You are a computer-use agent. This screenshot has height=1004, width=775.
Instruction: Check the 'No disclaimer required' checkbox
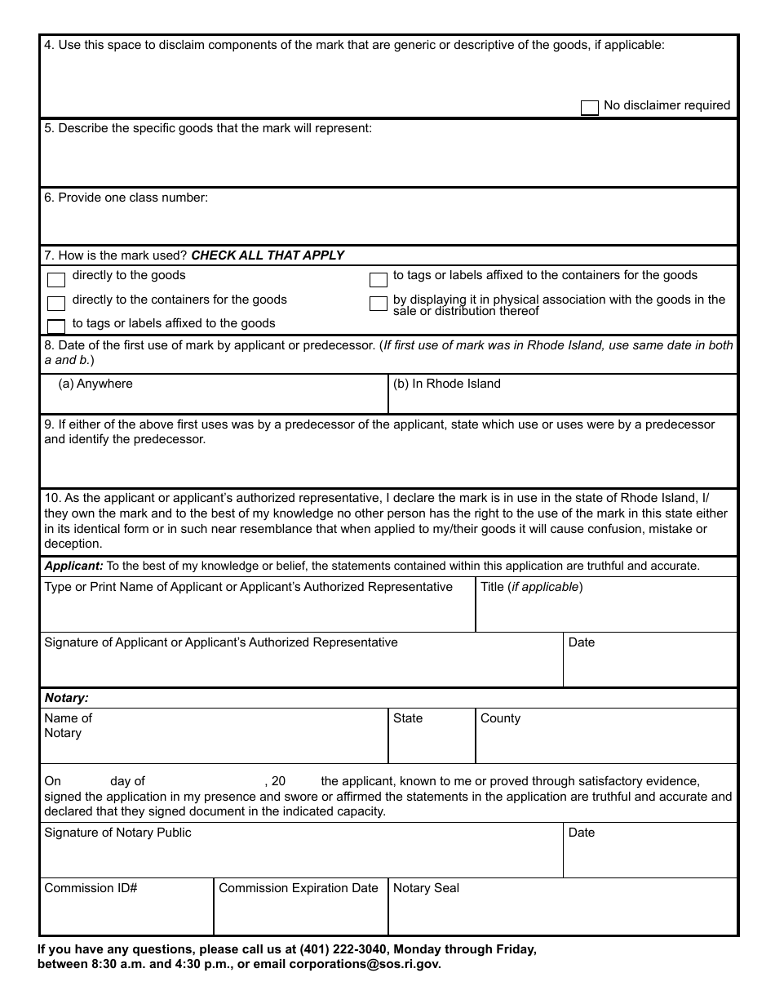(589, 108)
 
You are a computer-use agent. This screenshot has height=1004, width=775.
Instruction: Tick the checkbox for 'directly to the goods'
(56, 280)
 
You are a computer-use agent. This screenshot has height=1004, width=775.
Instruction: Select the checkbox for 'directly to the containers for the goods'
(56, 304)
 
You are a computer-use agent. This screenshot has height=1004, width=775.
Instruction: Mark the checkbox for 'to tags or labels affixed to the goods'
(56, 327)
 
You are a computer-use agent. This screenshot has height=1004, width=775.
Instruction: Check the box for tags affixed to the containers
(378, 280)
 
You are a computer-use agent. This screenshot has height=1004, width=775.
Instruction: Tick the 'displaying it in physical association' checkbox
(378, 304)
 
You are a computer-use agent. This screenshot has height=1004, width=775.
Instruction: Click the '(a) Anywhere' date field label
(95, 384)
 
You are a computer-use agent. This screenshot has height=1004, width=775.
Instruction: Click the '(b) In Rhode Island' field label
(446, 384)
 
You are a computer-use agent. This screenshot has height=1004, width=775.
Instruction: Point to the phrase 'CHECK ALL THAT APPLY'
(268, 255)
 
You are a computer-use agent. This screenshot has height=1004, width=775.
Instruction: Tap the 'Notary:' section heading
(66, 698)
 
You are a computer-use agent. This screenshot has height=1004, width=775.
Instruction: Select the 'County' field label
(500, 718)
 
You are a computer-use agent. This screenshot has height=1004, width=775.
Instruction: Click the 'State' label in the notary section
(408, 718)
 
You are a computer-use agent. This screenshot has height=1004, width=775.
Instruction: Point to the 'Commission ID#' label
(91, 888)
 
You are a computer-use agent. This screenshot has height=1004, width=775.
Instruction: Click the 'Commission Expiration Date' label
(299, 888)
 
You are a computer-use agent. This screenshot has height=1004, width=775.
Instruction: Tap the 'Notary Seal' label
(426, 888)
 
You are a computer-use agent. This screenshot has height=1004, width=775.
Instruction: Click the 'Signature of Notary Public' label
(117, 833)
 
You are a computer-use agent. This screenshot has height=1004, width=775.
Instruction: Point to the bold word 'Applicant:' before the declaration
(73, 566)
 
